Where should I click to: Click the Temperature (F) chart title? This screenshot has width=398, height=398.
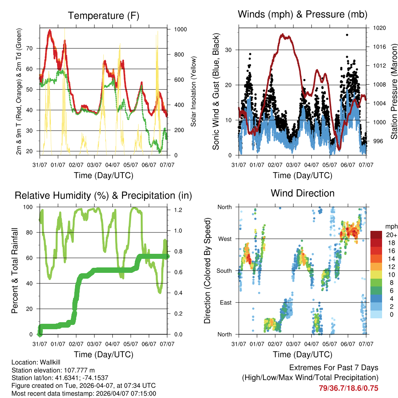103,16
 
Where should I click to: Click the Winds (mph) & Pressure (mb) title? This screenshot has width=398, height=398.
303,15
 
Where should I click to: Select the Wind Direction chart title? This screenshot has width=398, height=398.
303,193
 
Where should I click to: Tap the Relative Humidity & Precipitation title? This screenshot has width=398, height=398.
103,196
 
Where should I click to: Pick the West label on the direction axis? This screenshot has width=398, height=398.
224,239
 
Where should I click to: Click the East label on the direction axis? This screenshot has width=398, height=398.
225,302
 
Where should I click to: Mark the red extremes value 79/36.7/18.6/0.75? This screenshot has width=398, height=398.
348,388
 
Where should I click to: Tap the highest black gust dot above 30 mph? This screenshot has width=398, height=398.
347,35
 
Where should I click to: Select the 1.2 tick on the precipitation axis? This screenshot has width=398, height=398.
178,210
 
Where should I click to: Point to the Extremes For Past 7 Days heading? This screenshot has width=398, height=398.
333,368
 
